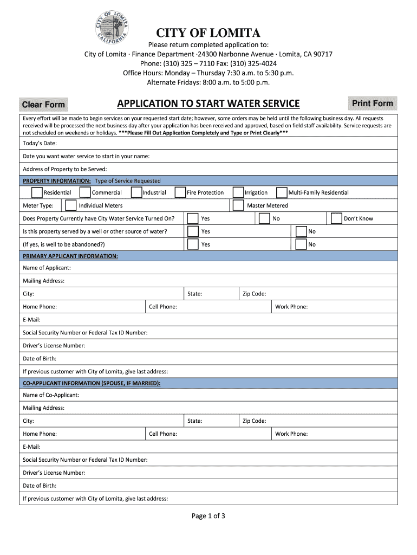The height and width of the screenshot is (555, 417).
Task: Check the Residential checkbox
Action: (x=37, y=192)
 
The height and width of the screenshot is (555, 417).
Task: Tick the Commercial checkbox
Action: (x=85, y=192)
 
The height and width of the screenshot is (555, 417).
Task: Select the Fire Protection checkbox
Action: (x=180, y=192)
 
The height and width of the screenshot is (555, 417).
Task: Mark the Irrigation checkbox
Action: (x=238, y=192)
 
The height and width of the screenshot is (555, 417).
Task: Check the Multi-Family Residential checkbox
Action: (x=282, y=192)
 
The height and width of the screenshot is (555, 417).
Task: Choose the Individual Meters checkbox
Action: (x=70, y=205)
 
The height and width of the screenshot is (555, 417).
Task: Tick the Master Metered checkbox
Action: (x=238, y=205)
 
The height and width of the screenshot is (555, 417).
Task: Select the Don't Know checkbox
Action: (x=336, y=218)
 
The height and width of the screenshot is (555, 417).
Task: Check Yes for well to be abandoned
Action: (x=193, y=244)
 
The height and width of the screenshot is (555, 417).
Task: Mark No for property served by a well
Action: (x=301, y=231)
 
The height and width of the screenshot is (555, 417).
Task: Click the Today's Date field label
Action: (x=40, y=144)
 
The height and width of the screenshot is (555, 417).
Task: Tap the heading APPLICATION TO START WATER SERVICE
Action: (x=208, y=104)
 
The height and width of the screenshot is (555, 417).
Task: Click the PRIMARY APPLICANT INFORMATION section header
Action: (x=70, y=255)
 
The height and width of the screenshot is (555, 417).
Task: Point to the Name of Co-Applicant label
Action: (x=51, y=395)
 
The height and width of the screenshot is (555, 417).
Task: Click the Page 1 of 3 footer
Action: (x=208, y=516)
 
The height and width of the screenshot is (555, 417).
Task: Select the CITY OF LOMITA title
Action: (x=208, y=33)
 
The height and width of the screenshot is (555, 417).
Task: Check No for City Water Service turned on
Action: (x=264, y=218)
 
